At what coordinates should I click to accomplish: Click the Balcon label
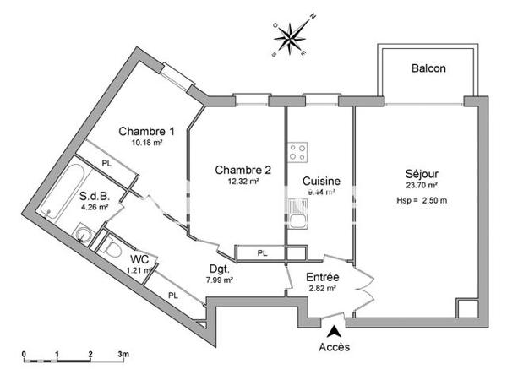pos(428,68)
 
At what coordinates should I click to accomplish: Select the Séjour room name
pos(420,174)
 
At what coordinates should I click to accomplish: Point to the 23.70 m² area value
pos(420,186)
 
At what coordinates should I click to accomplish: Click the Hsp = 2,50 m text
pos(421,201)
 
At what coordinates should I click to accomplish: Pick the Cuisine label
pos(321,181)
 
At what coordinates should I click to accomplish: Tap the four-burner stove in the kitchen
pos(297,152)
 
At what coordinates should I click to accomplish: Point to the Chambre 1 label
pos(146,131)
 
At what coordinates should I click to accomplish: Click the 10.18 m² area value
pos(146,143)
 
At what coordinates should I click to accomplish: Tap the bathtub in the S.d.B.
pos(63,190)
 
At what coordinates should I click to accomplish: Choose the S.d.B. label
pos(95,196)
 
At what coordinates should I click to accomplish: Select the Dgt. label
pos(220,269)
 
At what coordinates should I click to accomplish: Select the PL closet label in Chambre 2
pos(262,252)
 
